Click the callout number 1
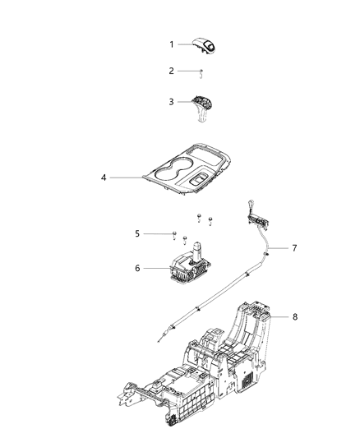click(172, 44)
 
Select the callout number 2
click(172, 71)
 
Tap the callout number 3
click(172, 101)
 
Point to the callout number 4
click(103, 177)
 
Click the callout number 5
click(137, 233)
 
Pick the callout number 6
click(137, 268)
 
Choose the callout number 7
click(295, 247)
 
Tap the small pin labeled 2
click(201, 72)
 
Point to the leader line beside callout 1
click(186, 44)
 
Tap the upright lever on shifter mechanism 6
click(198, 248)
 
